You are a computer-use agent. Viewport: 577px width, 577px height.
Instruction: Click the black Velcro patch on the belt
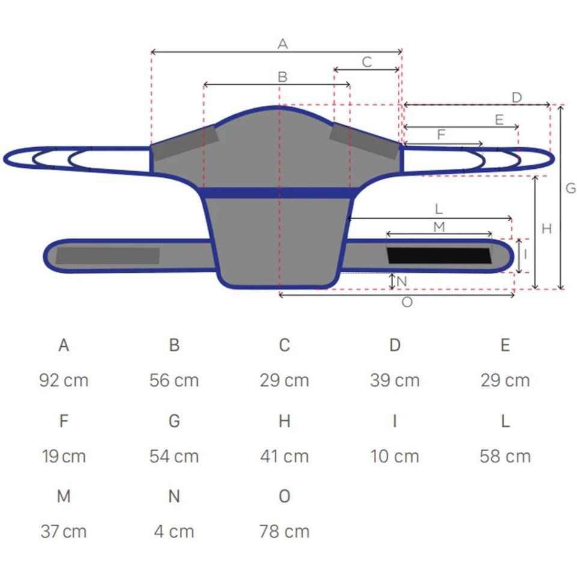pos(439,255)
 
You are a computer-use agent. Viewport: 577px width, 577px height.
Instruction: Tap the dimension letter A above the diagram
pos(282,44)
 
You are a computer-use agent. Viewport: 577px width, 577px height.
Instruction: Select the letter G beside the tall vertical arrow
pos(571,188)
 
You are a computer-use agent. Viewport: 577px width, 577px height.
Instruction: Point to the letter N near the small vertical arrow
pos(402,281)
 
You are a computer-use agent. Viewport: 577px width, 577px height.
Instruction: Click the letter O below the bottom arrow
pos(407,302)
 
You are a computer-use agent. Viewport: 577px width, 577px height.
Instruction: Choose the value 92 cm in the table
pos(64,380)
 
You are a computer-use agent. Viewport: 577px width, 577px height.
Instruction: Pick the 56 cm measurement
pos(174,380)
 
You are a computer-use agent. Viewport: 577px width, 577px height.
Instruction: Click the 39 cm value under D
pos(395,380)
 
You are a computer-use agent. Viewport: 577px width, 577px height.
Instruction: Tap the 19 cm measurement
pos(64,456)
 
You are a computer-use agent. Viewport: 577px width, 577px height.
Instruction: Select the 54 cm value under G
pos(174,456)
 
